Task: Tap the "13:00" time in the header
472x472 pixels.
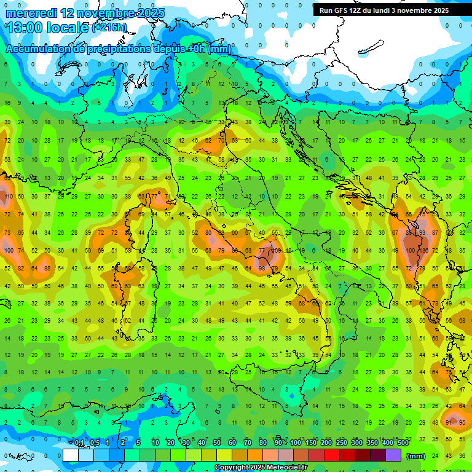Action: pos(24,28)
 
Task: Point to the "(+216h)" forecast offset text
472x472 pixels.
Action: pos(109,28)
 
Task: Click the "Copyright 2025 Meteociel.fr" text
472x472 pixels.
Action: pos(261,468)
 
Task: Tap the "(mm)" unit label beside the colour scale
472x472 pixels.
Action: pos(416,455)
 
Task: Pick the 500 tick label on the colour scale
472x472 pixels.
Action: pos(403,442)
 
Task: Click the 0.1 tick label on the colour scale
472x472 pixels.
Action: pos(79,442)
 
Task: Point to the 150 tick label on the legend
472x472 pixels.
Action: pos(312,442)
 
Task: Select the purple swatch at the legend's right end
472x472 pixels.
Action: pos(393,455)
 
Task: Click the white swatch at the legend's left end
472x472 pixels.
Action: pos(71,455)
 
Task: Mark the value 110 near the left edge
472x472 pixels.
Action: pos(7,197)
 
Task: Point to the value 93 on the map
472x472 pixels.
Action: pos(423,233)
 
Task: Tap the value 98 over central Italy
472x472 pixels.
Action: pos(262,269)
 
